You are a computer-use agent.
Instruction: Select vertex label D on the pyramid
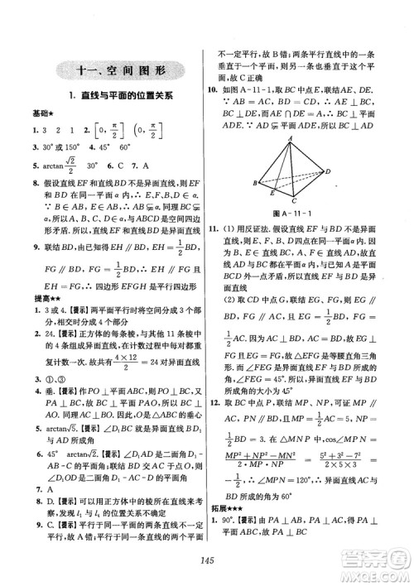pyautogui.click(x=328, y=171)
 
